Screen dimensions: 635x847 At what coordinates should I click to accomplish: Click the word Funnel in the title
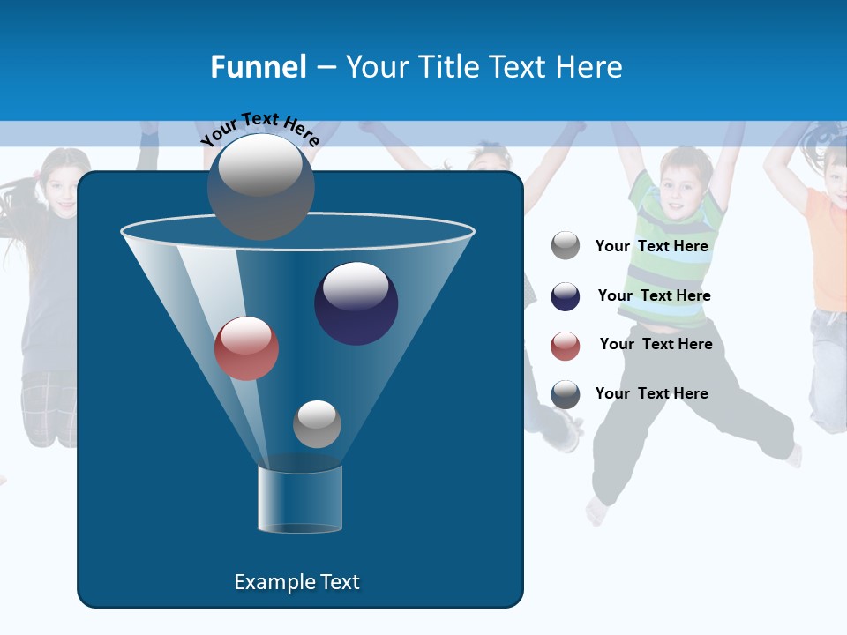coord(258,66)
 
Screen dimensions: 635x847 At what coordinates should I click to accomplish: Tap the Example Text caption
coord(296,582)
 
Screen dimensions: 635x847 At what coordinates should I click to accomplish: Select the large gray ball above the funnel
coord(260,187)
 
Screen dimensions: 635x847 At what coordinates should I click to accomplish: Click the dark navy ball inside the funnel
coord(356,303)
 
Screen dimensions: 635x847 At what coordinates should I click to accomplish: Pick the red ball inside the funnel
coord(246,348)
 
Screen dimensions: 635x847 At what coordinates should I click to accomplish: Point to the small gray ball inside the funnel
coord(317,424)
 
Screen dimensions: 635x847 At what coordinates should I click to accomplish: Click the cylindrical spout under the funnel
coord(299,499)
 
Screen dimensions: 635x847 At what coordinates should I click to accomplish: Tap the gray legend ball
coord(566,246)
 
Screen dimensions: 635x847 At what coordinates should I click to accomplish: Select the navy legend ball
coord(566,296)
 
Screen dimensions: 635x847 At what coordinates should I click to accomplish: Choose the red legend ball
coord(566,346)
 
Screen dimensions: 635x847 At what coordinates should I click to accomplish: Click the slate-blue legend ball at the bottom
coord(566,394)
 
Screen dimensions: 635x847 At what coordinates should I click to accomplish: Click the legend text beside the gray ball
coord(651,246)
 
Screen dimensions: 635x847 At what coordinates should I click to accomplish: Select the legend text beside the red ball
coord(656,344)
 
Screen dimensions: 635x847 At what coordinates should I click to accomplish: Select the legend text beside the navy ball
coord(654,295)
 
